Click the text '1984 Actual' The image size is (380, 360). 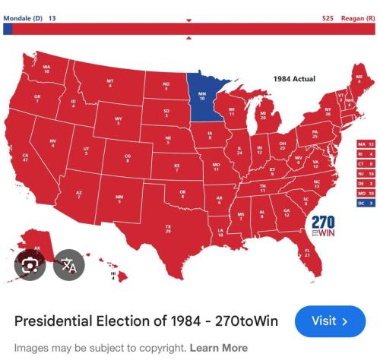(x=294, y=79)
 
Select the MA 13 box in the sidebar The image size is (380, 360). (x=366, y=143)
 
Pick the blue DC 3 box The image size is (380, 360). (x=366, y=203)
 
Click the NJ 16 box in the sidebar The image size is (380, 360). (x=366, y=173)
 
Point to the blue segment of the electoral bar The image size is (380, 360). (x=8, y=28)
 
